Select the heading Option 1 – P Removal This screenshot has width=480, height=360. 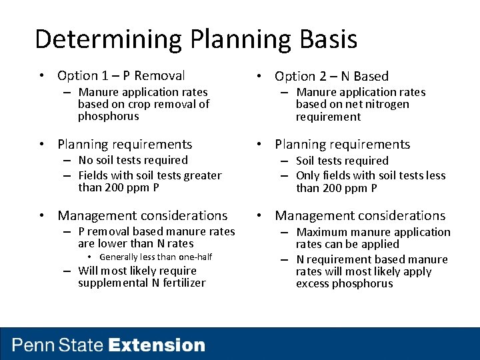click(121, 76)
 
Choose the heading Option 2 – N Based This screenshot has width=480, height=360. click(331, 77)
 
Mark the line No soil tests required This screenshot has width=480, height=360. click(133, 160)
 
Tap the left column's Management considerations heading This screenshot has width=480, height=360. click(142, 215)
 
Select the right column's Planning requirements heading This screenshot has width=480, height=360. click(342, 145)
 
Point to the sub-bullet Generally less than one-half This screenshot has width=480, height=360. click(155, 257)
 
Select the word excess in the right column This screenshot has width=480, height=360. click(313, 283)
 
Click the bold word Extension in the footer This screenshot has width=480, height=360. click(157, 345)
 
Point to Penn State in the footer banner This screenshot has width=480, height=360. click(58, 345)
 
